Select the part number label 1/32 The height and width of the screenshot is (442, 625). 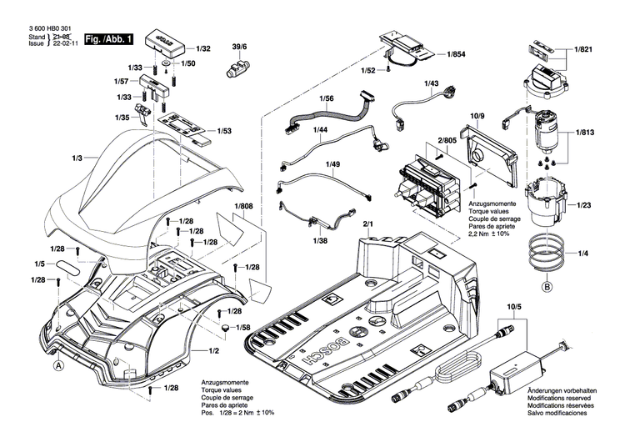tap(203, 50)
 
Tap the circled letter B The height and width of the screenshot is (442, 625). tap(547, 288)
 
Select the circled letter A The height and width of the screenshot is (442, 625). tap(57, 364)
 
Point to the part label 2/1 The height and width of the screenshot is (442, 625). tap(368, 224)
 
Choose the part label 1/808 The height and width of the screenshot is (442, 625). tap(243, 206)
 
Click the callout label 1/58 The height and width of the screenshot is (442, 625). tap(244, 328)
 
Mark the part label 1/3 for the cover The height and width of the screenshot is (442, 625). tap(77, 158)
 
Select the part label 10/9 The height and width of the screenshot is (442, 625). tap(477, 114)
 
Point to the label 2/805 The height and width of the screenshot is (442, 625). tap(447, 144)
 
